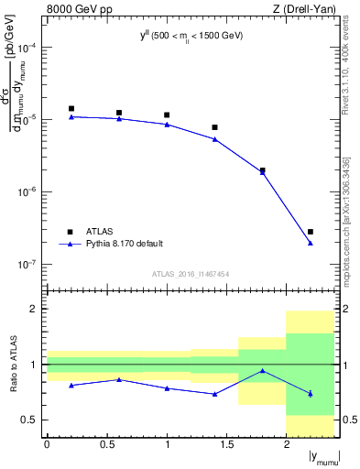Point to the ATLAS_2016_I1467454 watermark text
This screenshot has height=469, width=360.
tap(190, 274)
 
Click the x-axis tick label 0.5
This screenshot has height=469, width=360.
tap(107, 444)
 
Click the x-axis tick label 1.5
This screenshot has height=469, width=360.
tap(227, 444)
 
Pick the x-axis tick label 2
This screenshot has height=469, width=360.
tap(287, 444)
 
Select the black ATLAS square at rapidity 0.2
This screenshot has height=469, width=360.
tap(71, 108)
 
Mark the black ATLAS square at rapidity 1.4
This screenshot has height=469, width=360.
tap(215, 127)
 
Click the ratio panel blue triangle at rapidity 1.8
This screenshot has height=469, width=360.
tap(263, 371)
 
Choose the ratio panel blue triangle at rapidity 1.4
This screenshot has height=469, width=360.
tap(215, 394)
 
